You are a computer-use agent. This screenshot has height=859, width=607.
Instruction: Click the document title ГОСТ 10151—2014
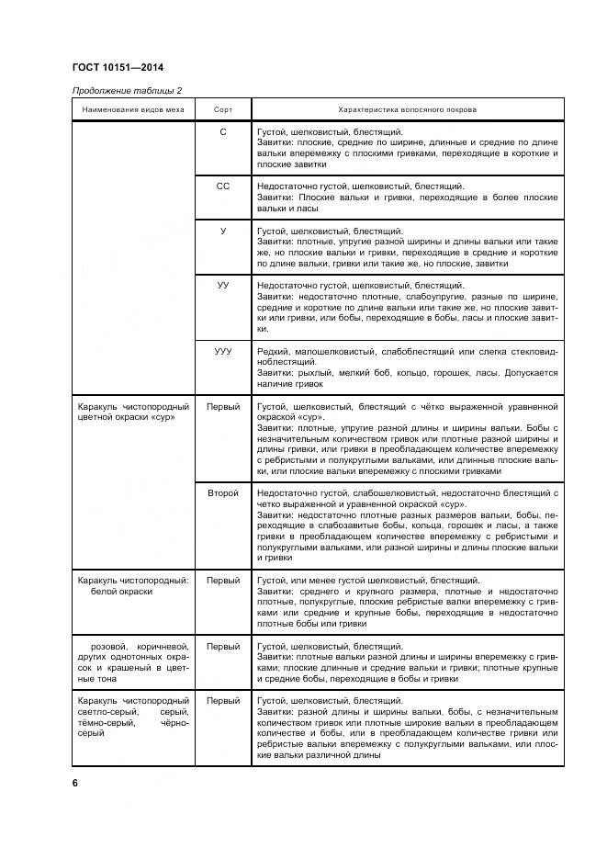(118, 67)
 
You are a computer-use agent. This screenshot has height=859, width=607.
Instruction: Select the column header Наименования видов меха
(132, 109)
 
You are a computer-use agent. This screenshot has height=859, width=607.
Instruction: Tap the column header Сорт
(223, 109)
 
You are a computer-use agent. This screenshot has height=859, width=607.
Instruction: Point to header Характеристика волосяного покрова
(407, 109)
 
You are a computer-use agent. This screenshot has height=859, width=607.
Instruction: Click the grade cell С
(223, 132)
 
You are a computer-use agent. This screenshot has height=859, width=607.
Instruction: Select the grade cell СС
(223, 186)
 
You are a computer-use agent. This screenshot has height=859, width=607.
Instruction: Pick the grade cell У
(223, 231)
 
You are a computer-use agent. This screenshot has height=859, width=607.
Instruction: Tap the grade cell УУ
(223, 286)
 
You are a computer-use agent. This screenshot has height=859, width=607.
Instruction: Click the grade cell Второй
(223, 493)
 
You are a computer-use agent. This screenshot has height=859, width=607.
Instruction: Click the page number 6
(74, 782)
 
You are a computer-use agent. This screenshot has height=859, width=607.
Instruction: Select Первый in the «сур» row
(223, 405)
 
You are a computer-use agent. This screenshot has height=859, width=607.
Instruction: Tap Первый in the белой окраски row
(223, 581)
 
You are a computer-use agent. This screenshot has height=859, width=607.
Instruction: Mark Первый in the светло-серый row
(223, 701)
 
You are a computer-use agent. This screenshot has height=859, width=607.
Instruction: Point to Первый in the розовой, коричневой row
(223, 647)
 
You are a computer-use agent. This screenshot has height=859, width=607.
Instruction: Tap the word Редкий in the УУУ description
(272, 352)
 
